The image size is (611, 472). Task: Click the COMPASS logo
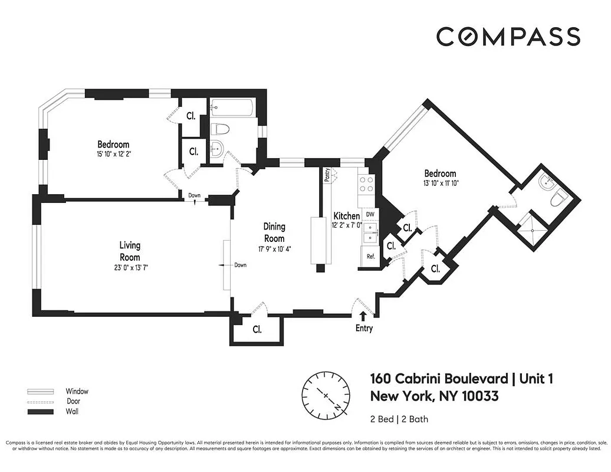(508, 37)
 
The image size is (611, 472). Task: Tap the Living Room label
(130, 251)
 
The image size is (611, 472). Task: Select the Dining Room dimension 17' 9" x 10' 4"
(274, 248)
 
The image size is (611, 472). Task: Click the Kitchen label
(347, 216)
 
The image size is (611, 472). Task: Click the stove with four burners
(366, 185)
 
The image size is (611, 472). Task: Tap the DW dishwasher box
(370, 214)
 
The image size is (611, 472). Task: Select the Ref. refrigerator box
(371, 257)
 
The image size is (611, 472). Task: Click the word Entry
(364, 329)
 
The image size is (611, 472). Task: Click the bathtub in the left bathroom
(232, 108)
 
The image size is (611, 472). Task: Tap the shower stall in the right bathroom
(533, 224)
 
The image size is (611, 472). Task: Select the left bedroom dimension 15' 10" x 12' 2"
(113, 155)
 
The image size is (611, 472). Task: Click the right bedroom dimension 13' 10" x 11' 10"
(440, 183)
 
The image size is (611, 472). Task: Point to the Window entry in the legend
(77, 391)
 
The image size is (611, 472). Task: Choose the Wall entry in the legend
(72, 411)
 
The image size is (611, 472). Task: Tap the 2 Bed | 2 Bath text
(399, 419)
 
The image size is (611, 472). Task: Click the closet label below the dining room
(257, 329)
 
